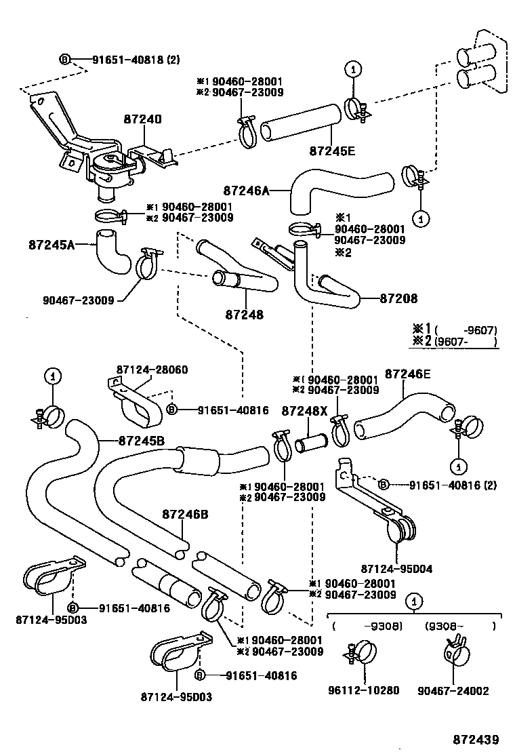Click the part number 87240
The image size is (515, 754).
pyautogui.click(x=142, y=119)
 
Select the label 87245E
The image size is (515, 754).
pyautogui.click(x=332, y=151)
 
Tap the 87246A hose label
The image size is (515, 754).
pyautogui.click(x=246, y=192)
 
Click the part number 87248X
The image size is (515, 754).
pyautogui.click(x=305, y=411)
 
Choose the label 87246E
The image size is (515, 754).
pyautogui.click(x=408, y=374)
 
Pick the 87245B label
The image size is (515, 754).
pyautogui.click(x=142, y=439)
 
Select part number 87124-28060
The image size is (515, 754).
pyautogui.click(x=152, y=370)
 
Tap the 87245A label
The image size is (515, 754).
pyautogui.click(x=52, y=243)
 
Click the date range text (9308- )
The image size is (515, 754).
pyautogui.click(x=461, y=626)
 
